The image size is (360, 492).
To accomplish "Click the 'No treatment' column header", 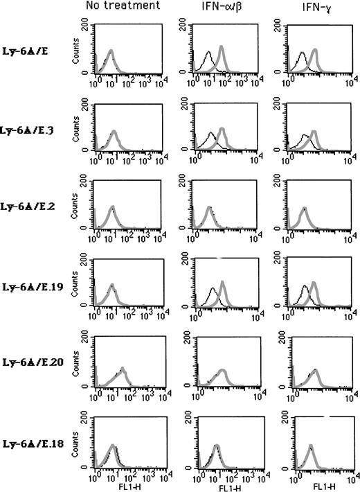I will click(123, 6).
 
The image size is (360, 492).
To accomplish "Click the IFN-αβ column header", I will click(217, 7).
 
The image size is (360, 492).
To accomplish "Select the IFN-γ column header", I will click(305, 7).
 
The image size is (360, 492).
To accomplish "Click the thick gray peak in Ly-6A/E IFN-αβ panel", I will click(222, 47).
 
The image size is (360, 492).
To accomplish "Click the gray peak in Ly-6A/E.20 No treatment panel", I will click(123, 369).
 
